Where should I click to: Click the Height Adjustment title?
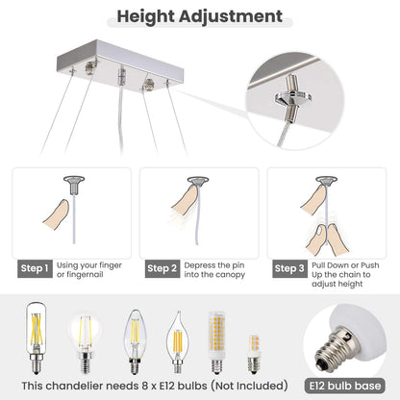click(199, 16)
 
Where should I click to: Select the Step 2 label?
click(162, 268)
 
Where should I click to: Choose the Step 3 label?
click(289, 268)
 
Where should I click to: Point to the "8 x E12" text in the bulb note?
click(157, 385)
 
